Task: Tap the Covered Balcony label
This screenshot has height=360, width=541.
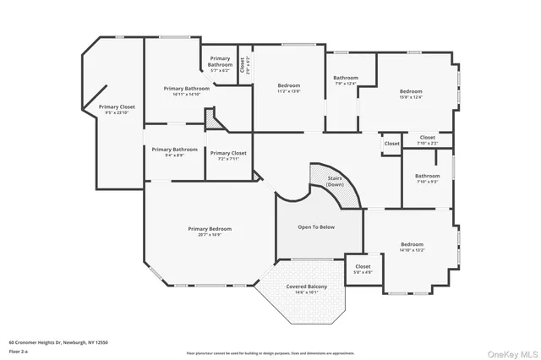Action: (x=302, y=288)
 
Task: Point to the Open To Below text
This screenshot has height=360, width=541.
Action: (x=317, y=226)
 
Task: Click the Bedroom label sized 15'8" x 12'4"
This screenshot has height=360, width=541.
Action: (x=411, y=94)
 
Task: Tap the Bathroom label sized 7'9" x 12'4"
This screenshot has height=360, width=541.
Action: (x=346, y=80)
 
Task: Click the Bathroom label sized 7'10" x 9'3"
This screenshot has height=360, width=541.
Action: (x=427, y=178)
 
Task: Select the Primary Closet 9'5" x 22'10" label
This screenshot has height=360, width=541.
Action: (x=117, y=109)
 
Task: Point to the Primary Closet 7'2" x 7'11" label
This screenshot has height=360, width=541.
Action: (x=228, y=155)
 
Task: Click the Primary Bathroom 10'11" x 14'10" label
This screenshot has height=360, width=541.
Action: (x=186, y=90)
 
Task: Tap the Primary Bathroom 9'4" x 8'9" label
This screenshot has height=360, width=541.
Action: (x=174, y=151)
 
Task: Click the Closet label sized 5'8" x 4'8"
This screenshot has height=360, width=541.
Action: (x=363, y=269)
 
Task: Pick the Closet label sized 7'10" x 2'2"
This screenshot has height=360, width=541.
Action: (x=428, y=139)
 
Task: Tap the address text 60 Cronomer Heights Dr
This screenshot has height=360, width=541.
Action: (x=58, y=342)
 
